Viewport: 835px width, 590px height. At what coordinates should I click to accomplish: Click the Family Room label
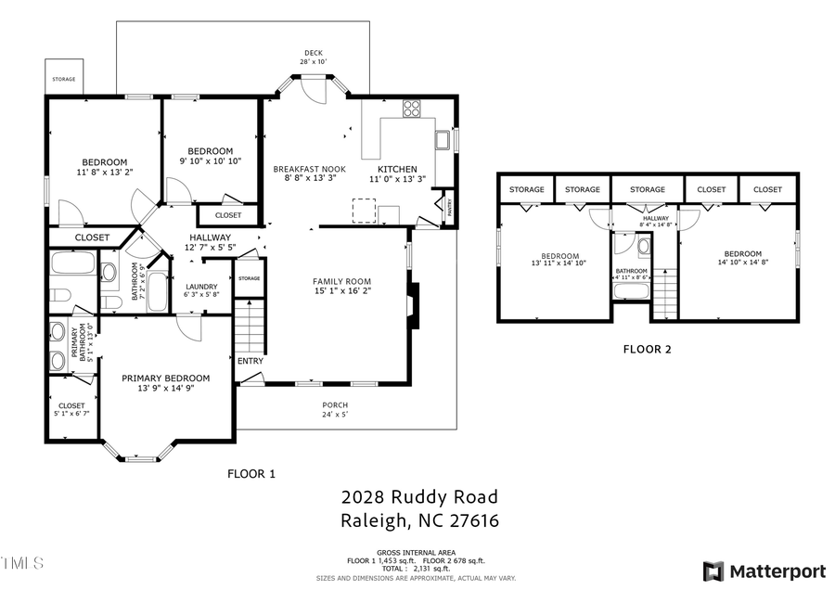click(x=341, y=281)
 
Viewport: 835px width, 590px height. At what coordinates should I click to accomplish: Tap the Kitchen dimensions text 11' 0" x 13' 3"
click(x=396, y=180)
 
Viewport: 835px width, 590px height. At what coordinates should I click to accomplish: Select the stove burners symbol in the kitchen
click(x=412, y=109)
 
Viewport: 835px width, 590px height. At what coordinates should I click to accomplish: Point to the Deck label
click(x=313, y=53)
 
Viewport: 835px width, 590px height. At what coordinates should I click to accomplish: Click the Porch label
click(x=335, y=405)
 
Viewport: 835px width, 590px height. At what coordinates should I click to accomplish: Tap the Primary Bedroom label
click(x=166, y=378)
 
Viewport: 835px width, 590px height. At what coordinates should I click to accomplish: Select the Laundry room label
click(x=201, y=287)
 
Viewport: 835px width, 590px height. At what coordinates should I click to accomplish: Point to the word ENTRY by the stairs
click(x=250, y=361)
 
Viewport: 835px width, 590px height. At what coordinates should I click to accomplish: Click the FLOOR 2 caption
click(x=647, y=350)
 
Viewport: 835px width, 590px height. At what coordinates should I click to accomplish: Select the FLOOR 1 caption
click(x=251, y=473)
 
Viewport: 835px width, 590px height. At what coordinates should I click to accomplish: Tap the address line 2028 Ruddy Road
click(x=419, y=497)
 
